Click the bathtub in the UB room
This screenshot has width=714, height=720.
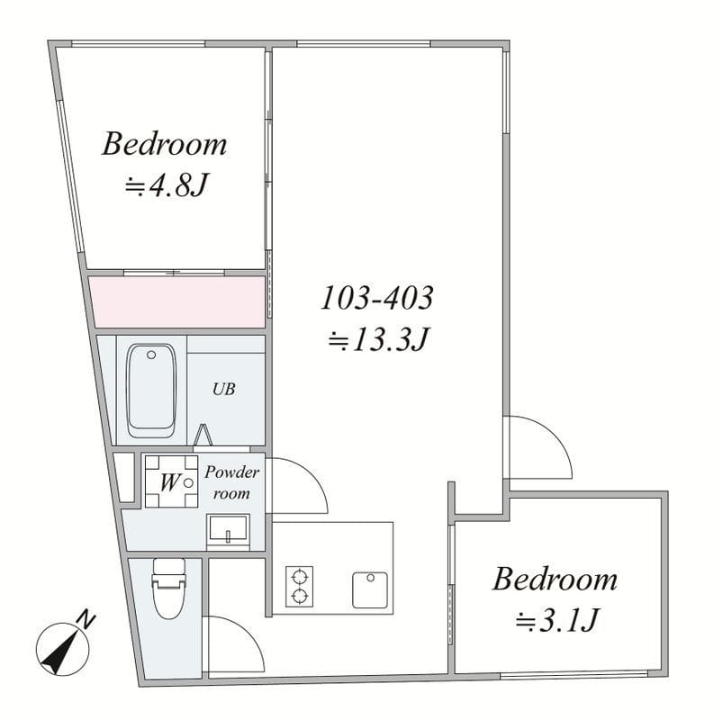click(x=151, y=391)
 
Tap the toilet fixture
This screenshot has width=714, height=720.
click(x=169, y=589)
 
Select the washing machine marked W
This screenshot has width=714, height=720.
click(x=171, y=481)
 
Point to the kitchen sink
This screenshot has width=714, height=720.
click(x=370, y=590)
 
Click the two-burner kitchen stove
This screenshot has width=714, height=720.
click(x=300, y=587)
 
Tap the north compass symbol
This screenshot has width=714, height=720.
click(x=62, y=649)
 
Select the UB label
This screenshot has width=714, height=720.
click(x=224, y=390)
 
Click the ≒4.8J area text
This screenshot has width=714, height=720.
click(x=167, y=185)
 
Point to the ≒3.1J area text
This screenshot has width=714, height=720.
click(x=556, y=620)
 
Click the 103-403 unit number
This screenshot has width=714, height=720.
click(x=376, y=298)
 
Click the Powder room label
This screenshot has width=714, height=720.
click(x=231, y=482)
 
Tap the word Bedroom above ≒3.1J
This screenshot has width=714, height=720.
click(x=555, y=579)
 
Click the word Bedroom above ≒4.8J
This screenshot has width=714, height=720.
click(x=164, y=144)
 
